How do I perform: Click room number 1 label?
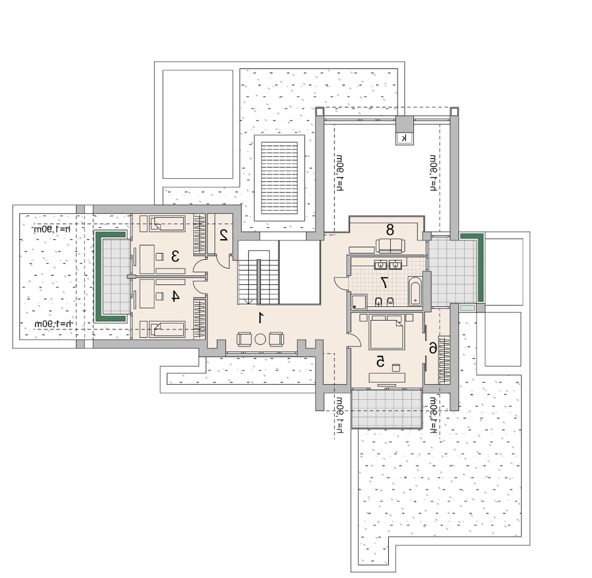[x=260, y=318]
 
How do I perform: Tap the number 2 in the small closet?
[x=223, y=235]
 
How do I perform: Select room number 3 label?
[x=175, y=257]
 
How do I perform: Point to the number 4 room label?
[x=174, y=296]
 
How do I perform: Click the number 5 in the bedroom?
[x=380, y=361]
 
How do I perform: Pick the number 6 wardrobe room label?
[x=433, y=348]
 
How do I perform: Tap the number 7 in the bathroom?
[x=384, y=282]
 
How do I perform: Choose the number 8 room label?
[x=390, y=229]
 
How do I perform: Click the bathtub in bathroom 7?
[x=414, y=291]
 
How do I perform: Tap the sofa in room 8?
[x=390, y=245]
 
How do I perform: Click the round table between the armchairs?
[x=260, y=339]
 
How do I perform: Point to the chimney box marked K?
[x=404, y=138]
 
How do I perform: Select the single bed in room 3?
[x=167, y=224]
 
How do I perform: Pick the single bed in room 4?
[x=167, y=329]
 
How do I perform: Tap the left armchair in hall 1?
[x=244, y=339]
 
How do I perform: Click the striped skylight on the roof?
[x=280, y=178]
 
